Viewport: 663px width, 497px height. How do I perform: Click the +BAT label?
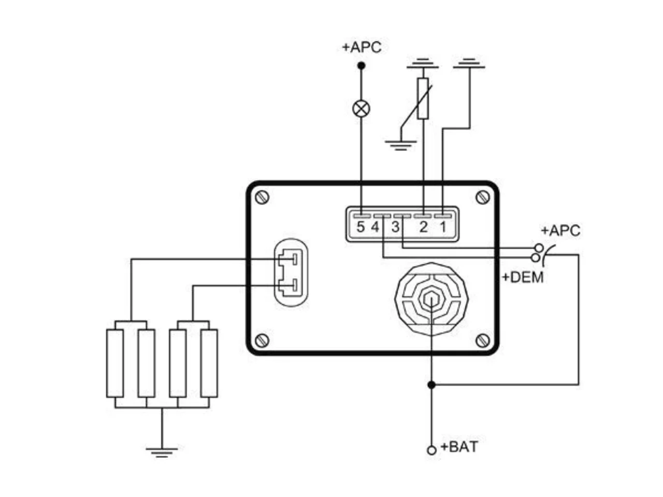(459, 447)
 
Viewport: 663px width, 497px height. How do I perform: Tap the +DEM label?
(523, 277)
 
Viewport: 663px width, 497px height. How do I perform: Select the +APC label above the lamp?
(362, 48)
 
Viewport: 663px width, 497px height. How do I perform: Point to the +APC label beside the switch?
(560, 230)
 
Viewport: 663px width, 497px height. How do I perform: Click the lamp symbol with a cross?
(361, 109)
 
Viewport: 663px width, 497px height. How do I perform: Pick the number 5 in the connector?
(361, 227)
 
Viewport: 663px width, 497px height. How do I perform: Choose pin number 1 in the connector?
(443, 227)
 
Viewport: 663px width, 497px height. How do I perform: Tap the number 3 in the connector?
(396, 227)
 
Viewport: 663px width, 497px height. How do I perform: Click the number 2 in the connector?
(424, 227)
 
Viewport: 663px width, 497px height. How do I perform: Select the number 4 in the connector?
(375, 227)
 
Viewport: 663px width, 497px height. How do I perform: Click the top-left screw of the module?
(262, 198)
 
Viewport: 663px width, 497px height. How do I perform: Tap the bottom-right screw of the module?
(482, 341)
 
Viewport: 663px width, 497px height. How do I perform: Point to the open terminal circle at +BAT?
(432, 450)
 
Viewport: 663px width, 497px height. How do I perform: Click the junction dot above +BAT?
(431, 385)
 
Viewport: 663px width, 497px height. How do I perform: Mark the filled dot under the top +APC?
(361, 65)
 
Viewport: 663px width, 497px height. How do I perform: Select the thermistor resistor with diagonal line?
(423, 98)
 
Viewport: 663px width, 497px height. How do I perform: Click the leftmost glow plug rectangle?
(115, 363)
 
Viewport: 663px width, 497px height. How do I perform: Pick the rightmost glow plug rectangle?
(209, 363)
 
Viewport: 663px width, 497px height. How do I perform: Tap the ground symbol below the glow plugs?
(162, 452)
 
